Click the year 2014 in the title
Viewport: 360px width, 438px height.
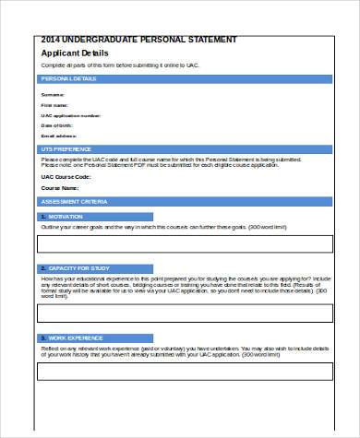[x=52, y=40]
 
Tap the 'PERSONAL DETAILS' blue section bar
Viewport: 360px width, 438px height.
[x=180, y=79]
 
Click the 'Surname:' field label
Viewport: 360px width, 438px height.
[x=54, y=95]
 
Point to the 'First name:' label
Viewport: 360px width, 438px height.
[x=55, y=105]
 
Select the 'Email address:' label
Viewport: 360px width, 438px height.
[x=59, y=136]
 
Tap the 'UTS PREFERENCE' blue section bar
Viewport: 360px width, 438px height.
[x=180, y=148]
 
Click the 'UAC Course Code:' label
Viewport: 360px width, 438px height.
[x=65, y=176]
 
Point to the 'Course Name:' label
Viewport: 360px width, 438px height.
[x=58, y=188]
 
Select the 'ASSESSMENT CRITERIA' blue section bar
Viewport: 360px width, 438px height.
[x=180, y=200]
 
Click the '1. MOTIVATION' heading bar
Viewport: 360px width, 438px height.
[x=180, y=216]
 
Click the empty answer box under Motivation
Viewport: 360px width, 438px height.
[x=179, y=244]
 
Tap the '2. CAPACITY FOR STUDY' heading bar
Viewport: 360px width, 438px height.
[x=180, y=268]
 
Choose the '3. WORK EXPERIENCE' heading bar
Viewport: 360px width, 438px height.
[x=180, y=338]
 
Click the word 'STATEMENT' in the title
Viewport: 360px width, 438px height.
[x=210, y=40]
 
